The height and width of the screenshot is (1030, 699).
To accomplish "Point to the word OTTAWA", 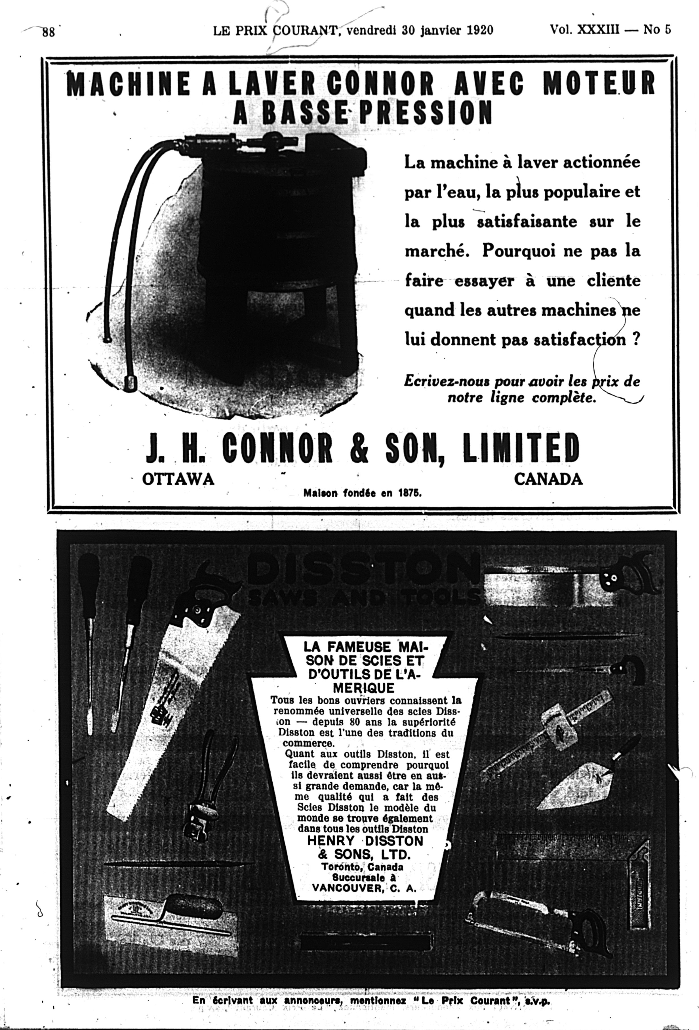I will coord(178,479).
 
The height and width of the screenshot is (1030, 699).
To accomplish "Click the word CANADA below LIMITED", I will coord(548,479).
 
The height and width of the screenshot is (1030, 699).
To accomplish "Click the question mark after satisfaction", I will coord(636,339).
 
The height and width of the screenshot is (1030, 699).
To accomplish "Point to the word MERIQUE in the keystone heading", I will coord(364,688).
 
